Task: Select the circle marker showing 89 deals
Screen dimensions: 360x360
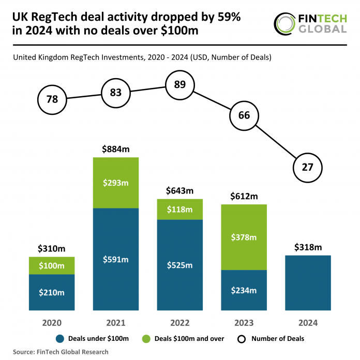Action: (x=179, y=84)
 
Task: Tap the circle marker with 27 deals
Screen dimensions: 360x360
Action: (x=307, y=167)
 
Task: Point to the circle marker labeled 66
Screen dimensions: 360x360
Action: (x=244, y=115)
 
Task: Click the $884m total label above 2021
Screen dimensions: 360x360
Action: (x=116, y=149)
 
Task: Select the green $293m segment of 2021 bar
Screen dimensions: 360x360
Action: (x=116, y=182)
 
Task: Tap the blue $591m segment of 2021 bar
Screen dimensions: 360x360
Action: (x=116, y=259)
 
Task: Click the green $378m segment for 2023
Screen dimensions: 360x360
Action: (x=244, y=237)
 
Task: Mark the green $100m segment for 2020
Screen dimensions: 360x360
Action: (x=52, y=265)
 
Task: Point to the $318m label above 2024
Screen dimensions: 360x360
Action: (x=307, y=247)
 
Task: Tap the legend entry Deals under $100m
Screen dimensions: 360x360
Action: (x=94, y=339)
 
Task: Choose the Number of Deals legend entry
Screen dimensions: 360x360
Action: (x=272, y=339)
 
